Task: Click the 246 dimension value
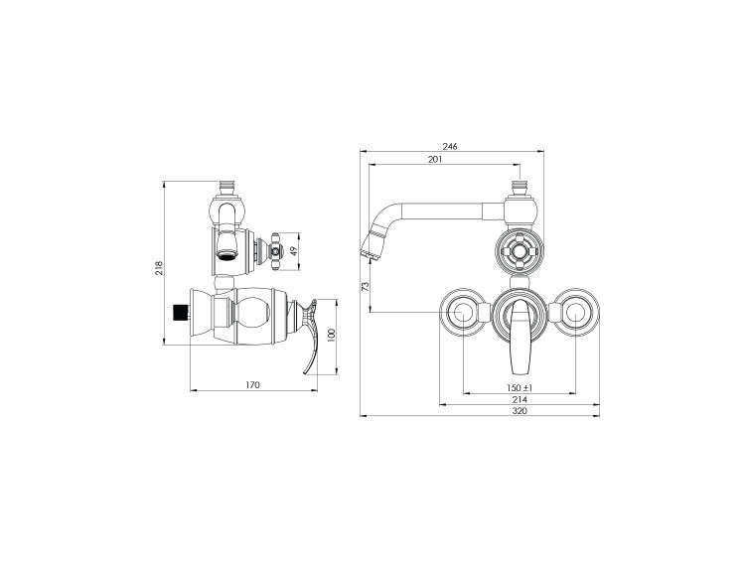[x=449, y=146]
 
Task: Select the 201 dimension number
[x=435, y=159]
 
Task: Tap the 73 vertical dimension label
[x=366, y=287]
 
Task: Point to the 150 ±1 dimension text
[x=520, y=388]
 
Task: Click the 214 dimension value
[x=520, y=399]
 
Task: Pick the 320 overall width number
[x=520, y=411]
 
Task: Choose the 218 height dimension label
[x=160, y=268]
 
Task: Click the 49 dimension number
[x=295, y=251]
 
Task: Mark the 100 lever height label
[x=332, y=335]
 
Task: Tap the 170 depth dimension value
[x=252, y=385]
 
